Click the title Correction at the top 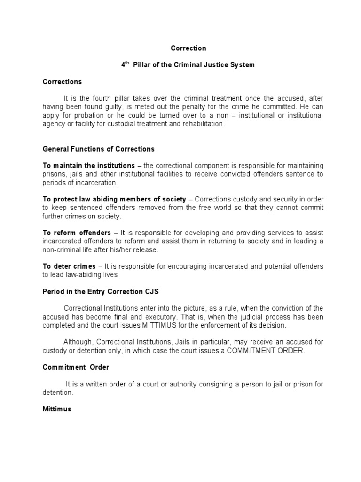(x=188, y=48)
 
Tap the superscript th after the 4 (x=125, y=63)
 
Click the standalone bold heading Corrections (x=62, y=82)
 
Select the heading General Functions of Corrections (x=98, y=149)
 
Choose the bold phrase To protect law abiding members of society (x=114, y=200)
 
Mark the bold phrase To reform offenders (x=77, y=233)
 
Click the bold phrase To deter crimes (x=69, y=266)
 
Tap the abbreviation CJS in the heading (x=153, y=291)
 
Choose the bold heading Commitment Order (x=76, y=367)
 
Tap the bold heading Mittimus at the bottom (x=57, y=409)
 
